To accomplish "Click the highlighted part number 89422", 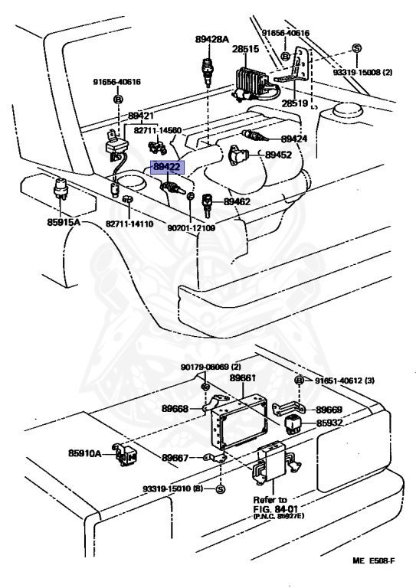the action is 167,167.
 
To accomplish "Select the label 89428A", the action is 212,38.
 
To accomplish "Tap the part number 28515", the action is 245,49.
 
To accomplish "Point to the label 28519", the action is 295,103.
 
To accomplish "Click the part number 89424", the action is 294,139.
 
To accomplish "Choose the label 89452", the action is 278,155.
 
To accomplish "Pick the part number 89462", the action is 237,201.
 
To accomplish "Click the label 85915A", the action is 64,222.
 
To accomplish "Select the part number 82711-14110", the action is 129,224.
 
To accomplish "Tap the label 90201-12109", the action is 192,227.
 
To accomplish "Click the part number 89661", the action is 243,377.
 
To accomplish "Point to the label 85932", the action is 329,423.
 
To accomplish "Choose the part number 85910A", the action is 85,453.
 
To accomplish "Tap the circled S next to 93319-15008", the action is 356,48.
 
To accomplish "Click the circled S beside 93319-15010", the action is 221,489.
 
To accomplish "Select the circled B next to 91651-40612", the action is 300,381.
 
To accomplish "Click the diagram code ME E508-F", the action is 374,561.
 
